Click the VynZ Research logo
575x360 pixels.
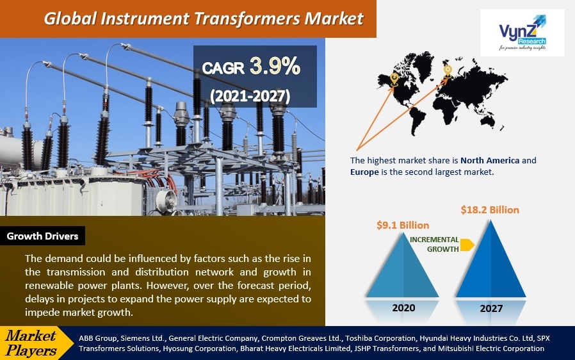tap(522, 32)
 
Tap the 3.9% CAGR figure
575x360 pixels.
tap(275, 67)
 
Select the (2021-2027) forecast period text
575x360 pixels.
tap(250, 96)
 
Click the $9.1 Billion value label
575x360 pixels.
tap(403, 225)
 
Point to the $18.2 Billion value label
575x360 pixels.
tap(490, 210)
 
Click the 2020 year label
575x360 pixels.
tap(403, 307)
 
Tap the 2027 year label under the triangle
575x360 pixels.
tap(491, 308)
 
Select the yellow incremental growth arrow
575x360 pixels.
tap(467, 245)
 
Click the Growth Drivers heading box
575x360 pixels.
tap(42, 236)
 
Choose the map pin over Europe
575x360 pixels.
tap(448, 71)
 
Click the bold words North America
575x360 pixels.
tap(490, 160)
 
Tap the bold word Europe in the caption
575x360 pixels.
tap(364, 172)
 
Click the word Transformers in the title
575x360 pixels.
tap(247, 19)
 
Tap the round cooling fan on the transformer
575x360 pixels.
tap(167, 200)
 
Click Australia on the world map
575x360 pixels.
tap(490, 118)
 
